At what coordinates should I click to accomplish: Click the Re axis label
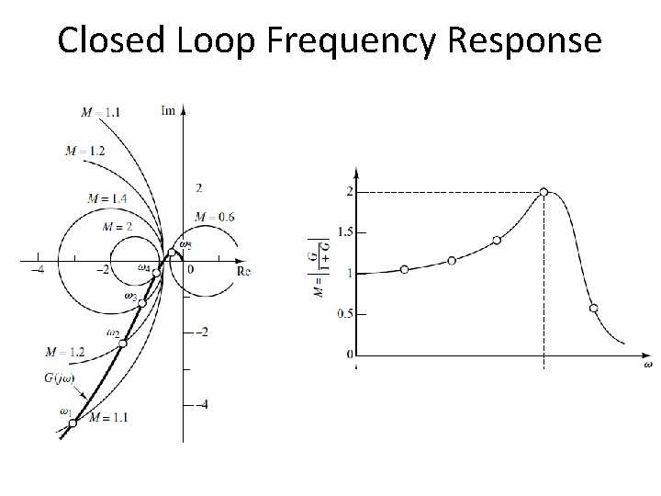tap(243, 272)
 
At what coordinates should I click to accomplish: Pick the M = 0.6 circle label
tap(216, 217)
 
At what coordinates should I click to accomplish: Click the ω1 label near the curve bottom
tap(66, 411)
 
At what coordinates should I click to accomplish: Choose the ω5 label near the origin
tap(185, 244)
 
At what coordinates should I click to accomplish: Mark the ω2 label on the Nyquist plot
tap(113, 333)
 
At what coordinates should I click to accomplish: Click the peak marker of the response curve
tap(544, 192)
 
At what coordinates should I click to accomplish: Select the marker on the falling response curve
tap(593, 308)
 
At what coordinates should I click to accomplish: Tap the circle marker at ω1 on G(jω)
tap(73, 423)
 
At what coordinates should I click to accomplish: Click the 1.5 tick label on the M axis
tap(344, 232)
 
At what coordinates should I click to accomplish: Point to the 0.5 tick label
tap(344, 314)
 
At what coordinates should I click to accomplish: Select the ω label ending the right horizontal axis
tap(648, 365)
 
